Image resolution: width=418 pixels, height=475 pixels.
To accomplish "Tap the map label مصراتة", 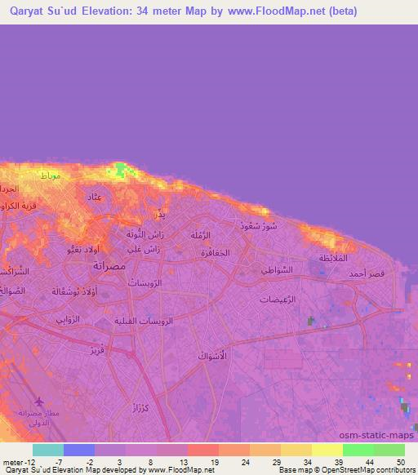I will [x=109, y=266].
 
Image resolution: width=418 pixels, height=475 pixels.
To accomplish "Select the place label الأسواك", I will [x=211, y=357].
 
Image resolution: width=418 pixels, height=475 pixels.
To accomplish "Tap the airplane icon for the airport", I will [x=41, y=401].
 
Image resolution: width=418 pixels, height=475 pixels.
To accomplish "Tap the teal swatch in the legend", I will [x=47, y=450].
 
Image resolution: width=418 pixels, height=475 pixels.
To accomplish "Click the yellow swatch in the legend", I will [x=327, y=450].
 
